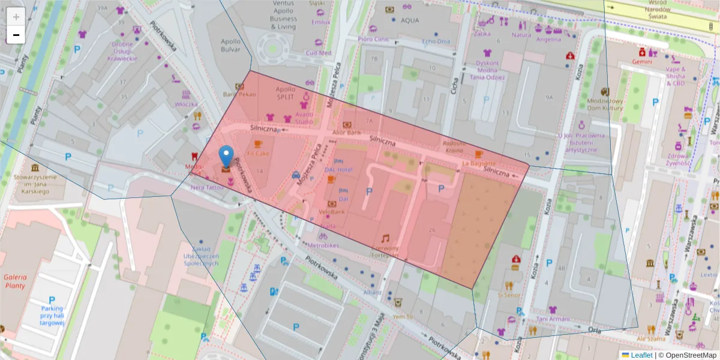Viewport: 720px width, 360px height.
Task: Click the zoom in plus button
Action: point(16,17)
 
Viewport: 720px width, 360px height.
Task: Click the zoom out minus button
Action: point(16,35)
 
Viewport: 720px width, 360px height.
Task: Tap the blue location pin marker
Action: point(226,157)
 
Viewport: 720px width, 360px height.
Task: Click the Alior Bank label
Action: point(347,132)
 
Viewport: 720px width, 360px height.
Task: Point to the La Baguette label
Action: point(479,163)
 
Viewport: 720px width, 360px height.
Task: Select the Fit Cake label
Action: point(257,153)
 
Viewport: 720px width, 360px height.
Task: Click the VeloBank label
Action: point(331,212)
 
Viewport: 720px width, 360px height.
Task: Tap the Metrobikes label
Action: point(323,245)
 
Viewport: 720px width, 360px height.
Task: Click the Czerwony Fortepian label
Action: point(385,251)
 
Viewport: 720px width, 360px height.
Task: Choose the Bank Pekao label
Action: point(239,94)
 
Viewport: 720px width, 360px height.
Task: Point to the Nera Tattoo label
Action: point(207,187)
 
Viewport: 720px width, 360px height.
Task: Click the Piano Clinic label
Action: point(374,39)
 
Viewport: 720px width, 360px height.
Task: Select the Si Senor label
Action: point(509,295)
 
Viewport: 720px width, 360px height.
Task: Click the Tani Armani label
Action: point(553,319)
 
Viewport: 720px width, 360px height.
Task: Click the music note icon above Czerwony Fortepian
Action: point(385,238)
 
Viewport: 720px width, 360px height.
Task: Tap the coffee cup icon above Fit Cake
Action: point(258,144)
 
